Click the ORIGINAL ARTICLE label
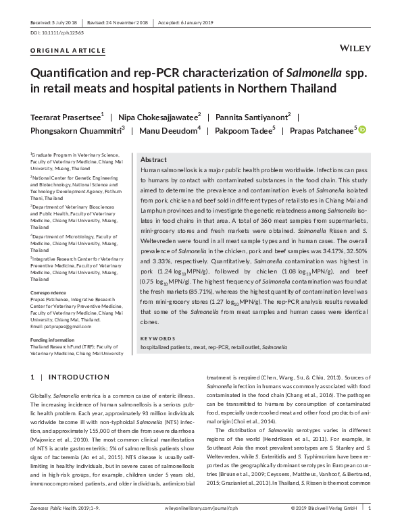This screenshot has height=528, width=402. click(68, 51)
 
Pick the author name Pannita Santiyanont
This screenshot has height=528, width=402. click(251, 115)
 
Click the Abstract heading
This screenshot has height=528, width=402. click(154, 159)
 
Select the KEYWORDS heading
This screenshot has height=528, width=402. click(158, 338)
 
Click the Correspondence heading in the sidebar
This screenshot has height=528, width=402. click(49, 294)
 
